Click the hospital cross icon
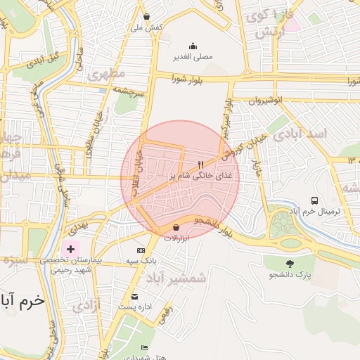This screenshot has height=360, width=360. [x=70, y=249]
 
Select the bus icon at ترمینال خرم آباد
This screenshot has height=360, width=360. [x=314, y=200]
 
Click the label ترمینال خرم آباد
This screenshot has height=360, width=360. [x=321, y=211]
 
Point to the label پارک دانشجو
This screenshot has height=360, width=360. [x=289, y=274]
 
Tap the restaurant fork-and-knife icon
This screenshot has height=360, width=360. [x=201, y=165]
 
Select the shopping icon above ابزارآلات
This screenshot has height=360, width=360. [x=176, y=228]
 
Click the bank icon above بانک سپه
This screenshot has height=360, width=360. [x=141, y=250]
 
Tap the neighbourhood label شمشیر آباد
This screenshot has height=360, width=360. [x=177, y=278]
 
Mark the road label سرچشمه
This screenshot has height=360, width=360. [x=130, y=92]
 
